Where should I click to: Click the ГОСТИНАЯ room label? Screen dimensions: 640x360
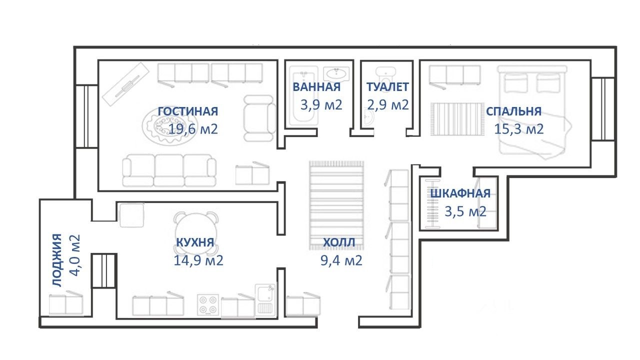(x=187, y=111)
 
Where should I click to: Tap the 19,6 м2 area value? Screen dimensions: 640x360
(x=193, y=129)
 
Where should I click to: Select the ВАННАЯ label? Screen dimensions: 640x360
(x=316, y=87)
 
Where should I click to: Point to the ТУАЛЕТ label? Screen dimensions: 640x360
(x=387, y=87)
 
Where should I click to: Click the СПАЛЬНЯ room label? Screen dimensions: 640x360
(x=513, y=111)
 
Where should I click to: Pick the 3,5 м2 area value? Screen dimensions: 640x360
(x=465, y=211)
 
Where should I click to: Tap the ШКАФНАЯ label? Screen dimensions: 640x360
(x=460, y=193)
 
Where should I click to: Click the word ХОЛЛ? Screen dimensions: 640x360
(x=339, y=242)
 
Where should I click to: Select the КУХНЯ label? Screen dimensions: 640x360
(x=195, y=242)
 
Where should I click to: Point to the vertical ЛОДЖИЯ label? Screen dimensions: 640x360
(x=57, y=260)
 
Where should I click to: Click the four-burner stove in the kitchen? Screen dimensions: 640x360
(x=208, y=304)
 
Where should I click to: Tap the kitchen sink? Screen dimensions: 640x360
(x=265, y=300)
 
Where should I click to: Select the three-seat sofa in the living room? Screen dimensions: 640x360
(x=169, y=170)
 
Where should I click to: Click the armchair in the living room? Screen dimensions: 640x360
(x=259, y=118)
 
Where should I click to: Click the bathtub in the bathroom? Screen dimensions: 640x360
(x=303, y=96)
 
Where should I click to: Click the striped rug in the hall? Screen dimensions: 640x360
(x=336, y=205)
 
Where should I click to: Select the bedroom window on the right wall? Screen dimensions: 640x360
(x=603, y=109)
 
